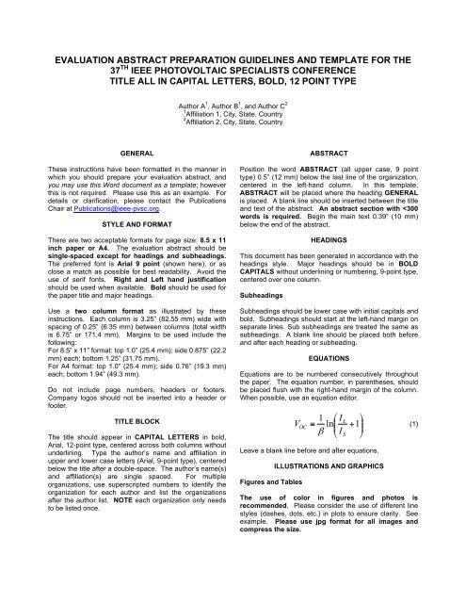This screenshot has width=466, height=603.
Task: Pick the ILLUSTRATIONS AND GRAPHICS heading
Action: click(x=352, y=465)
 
